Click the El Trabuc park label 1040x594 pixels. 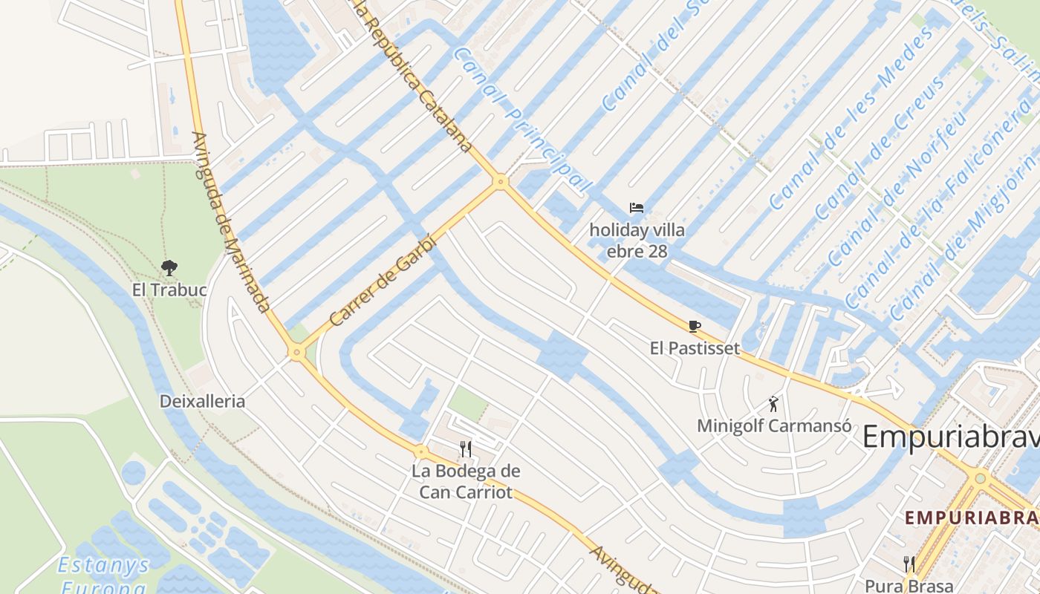[x=169, y=290]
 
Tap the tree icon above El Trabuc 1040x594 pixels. [x=169, y=267]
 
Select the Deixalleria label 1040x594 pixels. [x=202, y=402]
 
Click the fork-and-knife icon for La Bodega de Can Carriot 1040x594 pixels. [x=466, y=448]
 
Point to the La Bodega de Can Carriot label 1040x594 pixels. [x=466, y=481]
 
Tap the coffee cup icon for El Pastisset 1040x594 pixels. [x=695, y=326]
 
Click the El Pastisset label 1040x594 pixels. [x=695, y=347]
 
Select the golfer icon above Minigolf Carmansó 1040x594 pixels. [x=774, y=404]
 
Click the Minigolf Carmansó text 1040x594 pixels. [x=774, y=426]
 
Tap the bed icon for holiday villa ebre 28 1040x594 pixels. [x=637, y=208]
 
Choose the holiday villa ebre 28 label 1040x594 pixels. [x=637, y=241]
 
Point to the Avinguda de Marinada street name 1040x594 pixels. [x=230, y=223]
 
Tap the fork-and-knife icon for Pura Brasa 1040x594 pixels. [x=909, y=564]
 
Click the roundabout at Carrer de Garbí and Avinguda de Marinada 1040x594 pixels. [x=297, y=353]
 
